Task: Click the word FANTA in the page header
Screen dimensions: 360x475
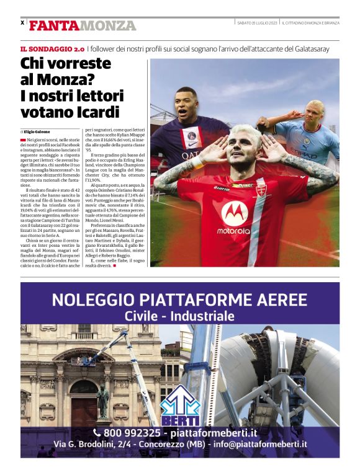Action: coord(53,26)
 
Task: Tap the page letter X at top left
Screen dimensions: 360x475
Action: coord(22,23)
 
